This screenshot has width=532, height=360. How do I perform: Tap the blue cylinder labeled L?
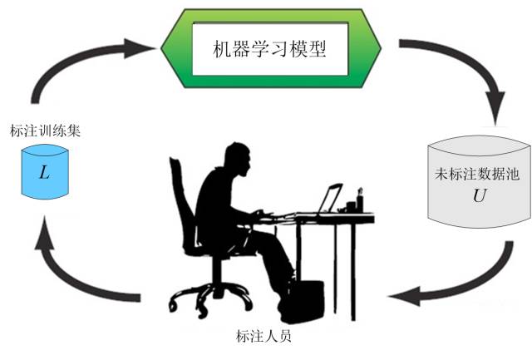(x=44, y=172)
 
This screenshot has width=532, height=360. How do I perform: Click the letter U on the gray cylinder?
(x=477, y=197)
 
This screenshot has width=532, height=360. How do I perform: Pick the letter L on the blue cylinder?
(x=44, y=174)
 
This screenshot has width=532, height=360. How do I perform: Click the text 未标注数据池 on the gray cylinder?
(x=476, y=176)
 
